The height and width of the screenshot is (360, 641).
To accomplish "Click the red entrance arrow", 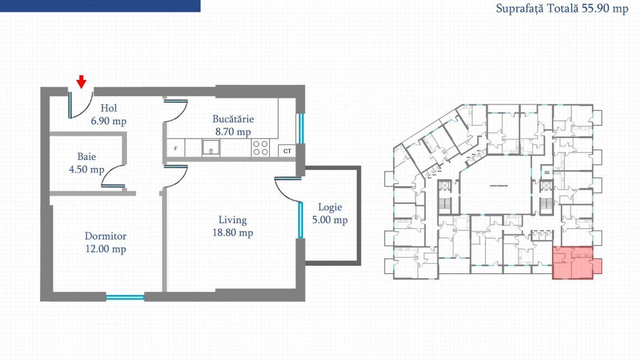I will pos(81,82).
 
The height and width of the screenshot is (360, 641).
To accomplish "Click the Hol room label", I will pos(109,114).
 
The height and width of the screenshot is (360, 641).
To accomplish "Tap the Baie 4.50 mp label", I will pos(87,163).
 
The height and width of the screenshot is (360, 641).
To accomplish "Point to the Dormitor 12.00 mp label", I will pos(105,243).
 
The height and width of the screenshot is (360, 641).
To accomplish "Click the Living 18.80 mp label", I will pos(232,226).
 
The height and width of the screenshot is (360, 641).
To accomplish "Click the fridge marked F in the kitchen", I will pos(176,148).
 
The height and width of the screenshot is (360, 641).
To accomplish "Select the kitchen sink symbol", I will pos(210,147).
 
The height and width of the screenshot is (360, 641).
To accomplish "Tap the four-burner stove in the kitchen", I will pos(260,148).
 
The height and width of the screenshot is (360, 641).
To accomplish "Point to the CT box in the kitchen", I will pos(287,150).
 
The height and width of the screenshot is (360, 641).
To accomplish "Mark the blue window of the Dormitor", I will pos(125,297).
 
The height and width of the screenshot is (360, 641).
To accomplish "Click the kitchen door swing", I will pos(176,110).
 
